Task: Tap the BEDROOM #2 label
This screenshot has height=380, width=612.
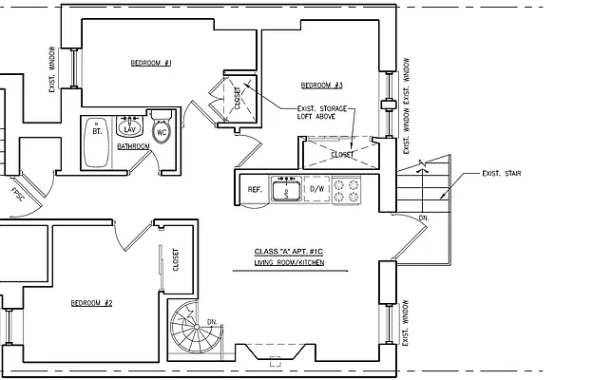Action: tap(92, 303)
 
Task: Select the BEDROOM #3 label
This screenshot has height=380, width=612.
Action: tap(321, 84)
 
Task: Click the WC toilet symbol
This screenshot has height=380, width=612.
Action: tap(161, 130)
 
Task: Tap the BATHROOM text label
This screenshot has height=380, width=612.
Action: tap(133, 147)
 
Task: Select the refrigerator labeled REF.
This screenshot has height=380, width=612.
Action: tap(254, 190)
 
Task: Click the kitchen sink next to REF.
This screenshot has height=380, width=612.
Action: tap(286, 190)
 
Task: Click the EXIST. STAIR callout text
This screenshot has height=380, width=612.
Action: tap(503, 174)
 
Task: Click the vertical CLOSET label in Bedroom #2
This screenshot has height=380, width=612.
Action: tap(176, 259)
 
